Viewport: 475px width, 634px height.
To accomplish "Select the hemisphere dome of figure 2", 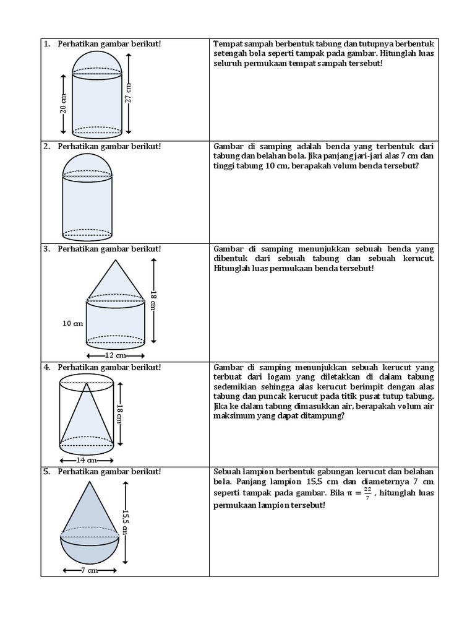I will (87, 166).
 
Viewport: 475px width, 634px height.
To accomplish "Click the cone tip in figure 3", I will (116, 261).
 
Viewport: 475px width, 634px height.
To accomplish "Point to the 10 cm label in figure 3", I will (74, 323).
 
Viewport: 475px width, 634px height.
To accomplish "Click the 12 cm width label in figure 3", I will (115, 355).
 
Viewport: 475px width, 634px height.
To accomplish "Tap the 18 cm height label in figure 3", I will (155, 301).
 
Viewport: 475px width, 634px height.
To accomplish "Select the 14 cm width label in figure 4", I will (86, 460).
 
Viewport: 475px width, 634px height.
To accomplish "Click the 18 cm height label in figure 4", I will (121, 414).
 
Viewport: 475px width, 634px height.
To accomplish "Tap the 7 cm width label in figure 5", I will (90, 570).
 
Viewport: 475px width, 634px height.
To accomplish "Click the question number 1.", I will (46, 44).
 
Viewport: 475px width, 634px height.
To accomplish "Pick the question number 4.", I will (46, 367).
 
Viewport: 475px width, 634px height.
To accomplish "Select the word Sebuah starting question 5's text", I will (228, 471).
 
